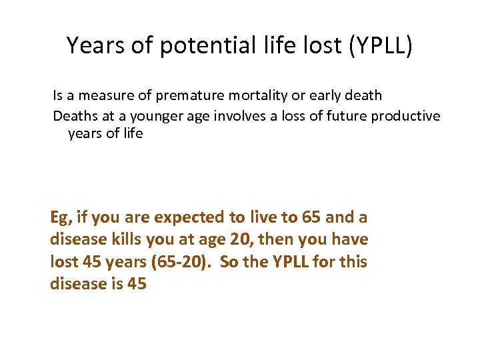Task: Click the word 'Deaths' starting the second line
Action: pyautogui.click(x=75, y=116)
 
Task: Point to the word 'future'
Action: pyautogui.click(x=347, y=116)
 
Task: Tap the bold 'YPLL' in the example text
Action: pyautogui.click(x=291, y=261)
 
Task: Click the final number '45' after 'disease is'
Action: pyautogui.click(x=135, y=283)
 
